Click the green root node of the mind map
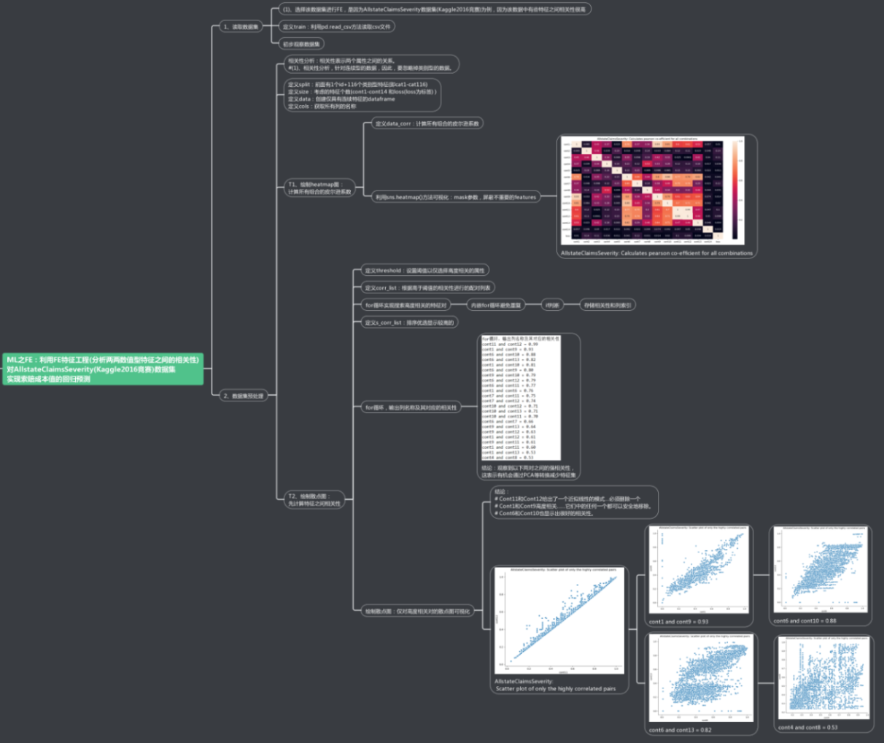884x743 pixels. click(x=103, y=369)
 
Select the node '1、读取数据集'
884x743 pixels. click(x=241, y=27)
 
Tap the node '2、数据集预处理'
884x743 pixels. click(x=244, y=396)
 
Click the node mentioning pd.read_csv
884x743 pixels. click(x=337, y=27)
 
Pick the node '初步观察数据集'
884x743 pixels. click(x=302, y=44)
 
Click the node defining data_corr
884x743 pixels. click(x=427, y=123)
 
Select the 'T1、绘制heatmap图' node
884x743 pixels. click(x=319, y=188)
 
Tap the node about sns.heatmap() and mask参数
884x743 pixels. click(x=456, y=197)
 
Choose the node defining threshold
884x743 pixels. click(x=424, y=271)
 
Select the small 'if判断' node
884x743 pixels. click(x=552, y=305)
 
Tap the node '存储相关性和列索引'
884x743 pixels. click(x=607, y=305)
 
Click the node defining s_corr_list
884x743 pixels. click(x=409, y=323)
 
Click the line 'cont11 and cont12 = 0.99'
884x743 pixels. click(x=510, y=344)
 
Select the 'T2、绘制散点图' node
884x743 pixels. click(x=314, y=500)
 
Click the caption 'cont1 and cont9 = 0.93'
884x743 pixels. click(x=678, y=622)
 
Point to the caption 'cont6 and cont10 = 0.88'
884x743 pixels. click(x=804, y=621)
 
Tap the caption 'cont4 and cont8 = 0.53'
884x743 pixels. click(x=807, y=727)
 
